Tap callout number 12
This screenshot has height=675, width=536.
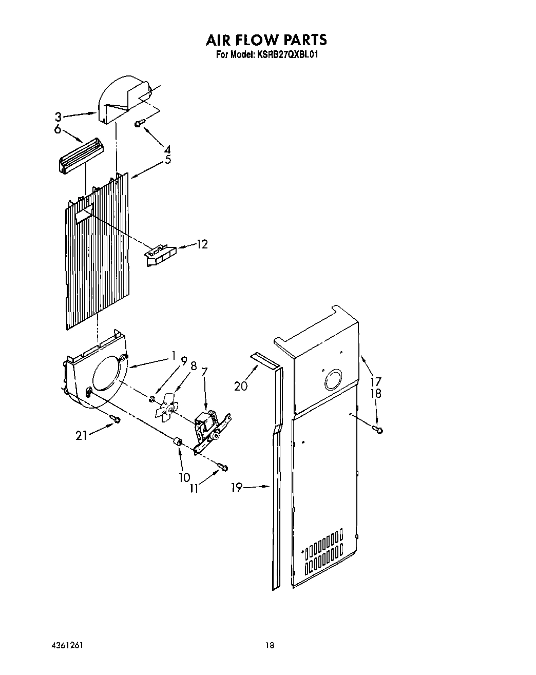click(x=202, y=244)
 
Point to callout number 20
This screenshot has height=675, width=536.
click(x=241, y=385)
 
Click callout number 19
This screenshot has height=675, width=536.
click(x=237, y=487)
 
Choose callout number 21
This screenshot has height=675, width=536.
click(x=81, y=436)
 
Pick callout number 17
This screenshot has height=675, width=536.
click(x=376, y=381)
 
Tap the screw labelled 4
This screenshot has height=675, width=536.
click(x=139, y=123)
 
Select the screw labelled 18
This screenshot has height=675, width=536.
click(x=379, y=429)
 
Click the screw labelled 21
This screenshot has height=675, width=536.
click(x=116, y=420)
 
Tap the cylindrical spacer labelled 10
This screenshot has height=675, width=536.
click(x=179, y=442)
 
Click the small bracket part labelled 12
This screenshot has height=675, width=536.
click(x=161, y=255)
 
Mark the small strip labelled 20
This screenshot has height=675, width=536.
click(x=265, y=360)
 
